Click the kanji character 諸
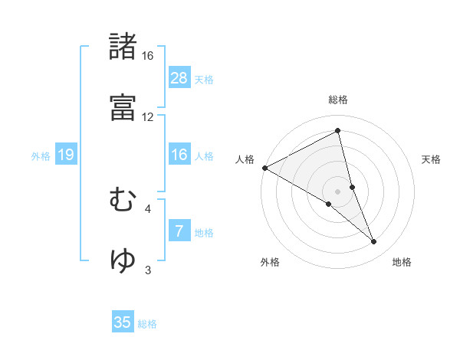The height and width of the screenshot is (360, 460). pyautogui.click(x=123, y=47)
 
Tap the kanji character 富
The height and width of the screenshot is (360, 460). pyautogui.click(x=123, y=108)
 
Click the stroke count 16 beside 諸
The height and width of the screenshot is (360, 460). pyautogui.click(x=147, y=56)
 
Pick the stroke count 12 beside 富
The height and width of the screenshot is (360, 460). pyautogui.click(x=147, y=117)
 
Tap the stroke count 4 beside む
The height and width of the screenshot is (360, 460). pyautogui.click(x=148, y=208)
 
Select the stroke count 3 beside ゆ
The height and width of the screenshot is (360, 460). pyautogui.click(x=148, y=270)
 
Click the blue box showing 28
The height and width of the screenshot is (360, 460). pyautogui.click(x=179, y=77)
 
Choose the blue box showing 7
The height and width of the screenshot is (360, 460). pyautogui.click(x=179, y=231)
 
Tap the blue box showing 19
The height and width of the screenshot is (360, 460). pyautogui.click(x=65, y=155)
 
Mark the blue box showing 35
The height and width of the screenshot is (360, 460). pyautogui.click(x=123, y=322)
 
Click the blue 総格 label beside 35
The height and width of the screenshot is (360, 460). pyautogui.click(x=148, y=324)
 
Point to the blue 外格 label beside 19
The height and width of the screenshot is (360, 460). pyautogui.click(x=41, y=156)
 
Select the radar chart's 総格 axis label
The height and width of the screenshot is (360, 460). pyautogui.click(x=338, y=100)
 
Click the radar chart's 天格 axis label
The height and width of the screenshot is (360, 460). pyautogui.click(x=432, y=159)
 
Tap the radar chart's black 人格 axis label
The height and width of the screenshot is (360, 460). pyautogui.click(x=245, y=159)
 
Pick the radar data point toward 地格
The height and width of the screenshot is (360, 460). pyautogui.click(x=374, y=241)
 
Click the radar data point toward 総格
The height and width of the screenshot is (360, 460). pyautogui.click(x=338, y=130)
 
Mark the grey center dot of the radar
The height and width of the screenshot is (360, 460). pyautogui.click(x=338, y=191)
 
